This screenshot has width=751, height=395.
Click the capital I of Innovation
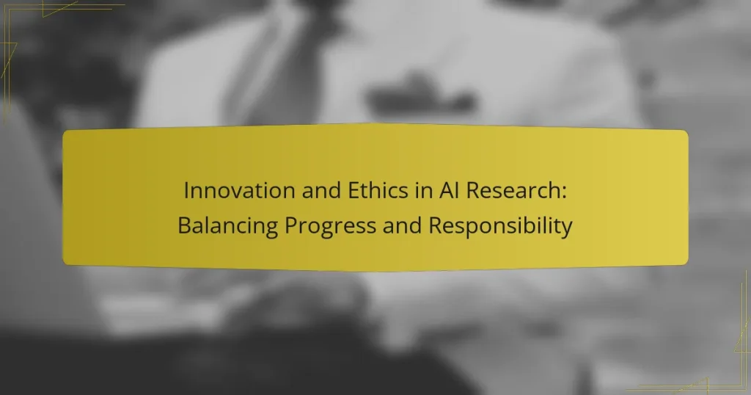(x=186, y=190)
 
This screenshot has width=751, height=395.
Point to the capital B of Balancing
(x=183, y=226)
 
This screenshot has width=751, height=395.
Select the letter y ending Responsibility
(x=567, y=228)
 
